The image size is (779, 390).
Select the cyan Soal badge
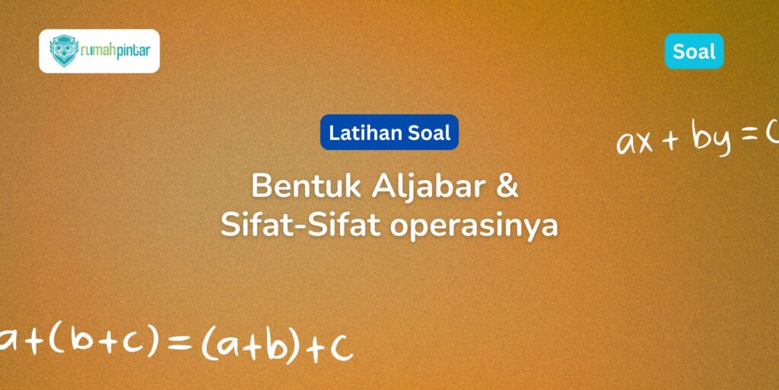tap(694, 51)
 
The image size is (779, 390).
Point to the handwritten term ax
tap(635, 142)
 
